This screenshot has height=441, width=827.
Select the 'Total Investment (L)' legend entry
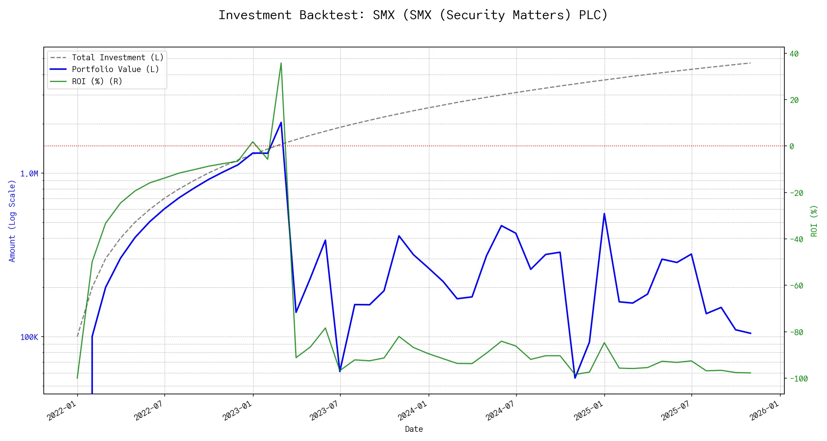118,58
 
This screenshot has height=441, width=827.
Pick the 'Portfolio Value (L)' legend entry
115,69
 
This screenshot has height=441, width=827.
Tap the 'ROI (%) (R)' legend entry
97,81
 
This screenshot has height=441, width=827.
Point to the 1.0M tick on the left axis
29,173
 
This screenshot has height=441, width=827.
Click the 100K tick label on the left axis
29,337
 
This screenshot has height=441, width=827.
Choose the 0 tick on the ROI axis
792,146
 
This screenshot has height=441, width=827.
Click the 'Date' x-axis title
414,429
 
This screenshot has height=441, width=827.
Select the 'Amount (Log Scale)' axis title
12,220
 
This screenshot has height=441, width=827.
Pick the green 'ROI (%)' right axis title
814,220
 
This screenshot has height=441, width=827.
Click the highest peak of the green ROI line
281,63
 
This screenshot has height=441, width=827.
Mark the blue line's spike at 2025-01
604,214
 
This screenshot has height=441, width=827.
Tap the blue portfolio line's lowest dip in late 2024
575,378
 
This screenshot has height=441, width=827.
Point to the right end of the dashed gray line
750,63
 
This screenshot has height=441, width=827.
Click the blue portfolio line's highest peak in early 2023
281,122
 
